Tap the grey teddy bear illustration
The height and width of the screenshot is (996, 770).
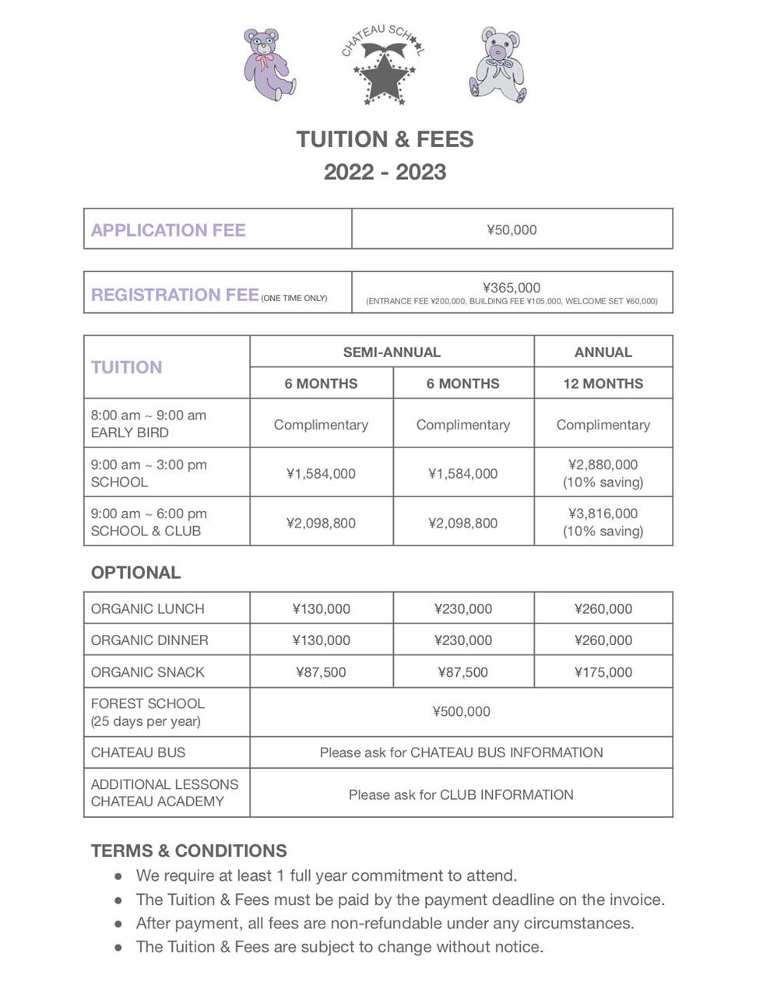(498, 65)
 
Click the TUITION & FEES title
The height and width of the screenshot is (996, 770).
(385, 139)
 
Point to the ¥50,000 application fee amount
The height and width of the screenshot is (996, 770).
(512, 230)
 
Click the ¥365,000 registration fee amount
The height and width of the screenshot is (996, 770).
(512, 287)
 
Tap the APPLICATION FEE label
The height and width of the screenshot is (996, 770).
(168, 230)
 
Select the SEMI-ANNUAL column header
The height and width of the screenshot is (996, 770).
(392, 352)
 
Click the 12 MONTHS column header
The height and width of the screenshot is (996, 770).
(603, 384)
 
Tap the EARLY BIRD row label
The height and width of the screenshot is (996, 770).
(130, 433)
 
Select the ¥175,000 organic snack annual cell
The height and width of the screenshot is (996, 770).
(603, 672)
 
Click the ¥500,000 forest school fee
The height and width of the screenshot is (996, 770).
(461, 711)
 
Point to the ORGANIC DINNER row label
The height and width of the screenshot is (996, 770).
(149, 640)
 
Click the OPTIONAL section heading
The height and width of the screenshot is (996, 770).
(135, 573)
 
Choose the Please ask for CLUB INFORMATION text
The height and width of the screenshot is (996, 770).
(461, 794)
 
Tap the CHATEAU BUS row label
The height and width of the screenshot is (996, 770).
(138, 752)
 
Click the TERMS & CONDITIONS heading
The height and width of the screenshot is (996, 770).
(189, 850)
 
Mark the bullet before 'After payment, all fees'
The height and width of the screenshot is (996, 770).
(118, 924)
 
